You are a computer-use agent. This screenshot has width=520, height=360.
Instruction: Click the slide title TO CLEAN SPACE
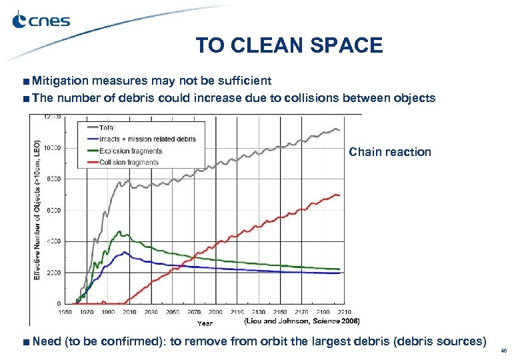[289, 45]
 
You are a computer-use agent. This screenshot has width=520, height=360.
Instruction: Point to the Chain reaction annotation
[390, 152]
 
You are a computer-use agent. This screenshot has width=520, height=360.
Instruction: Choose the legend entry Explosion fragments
[131, 151]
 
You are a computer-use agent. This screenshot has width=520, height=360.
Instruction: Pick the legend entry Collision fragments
[130, 163]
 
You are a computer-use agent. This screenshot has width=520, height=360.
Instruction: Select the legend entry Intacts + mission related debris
[147, 139]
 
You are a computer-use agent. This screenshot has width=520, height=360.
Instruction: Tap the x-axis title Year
[205, 323]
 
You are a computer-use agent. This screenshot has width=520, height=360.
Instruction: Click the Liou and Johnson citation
[301, 321]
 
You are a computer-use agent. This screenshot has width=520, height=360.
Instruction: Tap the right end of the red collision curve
[339, 195]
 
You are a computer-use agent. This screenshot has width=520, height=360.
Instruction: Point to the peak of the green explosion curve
[119, 231]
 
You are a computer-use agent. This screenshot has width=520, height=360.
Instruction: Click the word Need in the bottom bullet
[47, 341]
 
